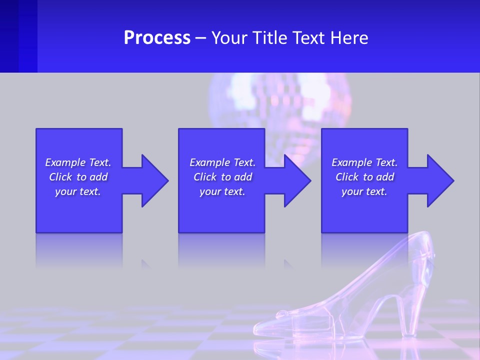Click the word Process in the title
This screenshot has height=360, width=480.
[x=157, y=38]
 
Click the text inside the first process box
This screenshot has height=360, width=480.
[x=78, y=177]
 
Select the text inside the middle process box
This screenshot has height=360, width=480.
[x=222, y=177]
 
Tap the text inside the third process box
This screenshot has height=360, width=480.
[x=364, y=177]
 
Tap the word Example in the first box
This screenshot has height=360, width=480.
[x=65, y=162]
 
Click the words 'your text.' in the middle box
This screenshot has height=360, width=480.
[x=222, y=191]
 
